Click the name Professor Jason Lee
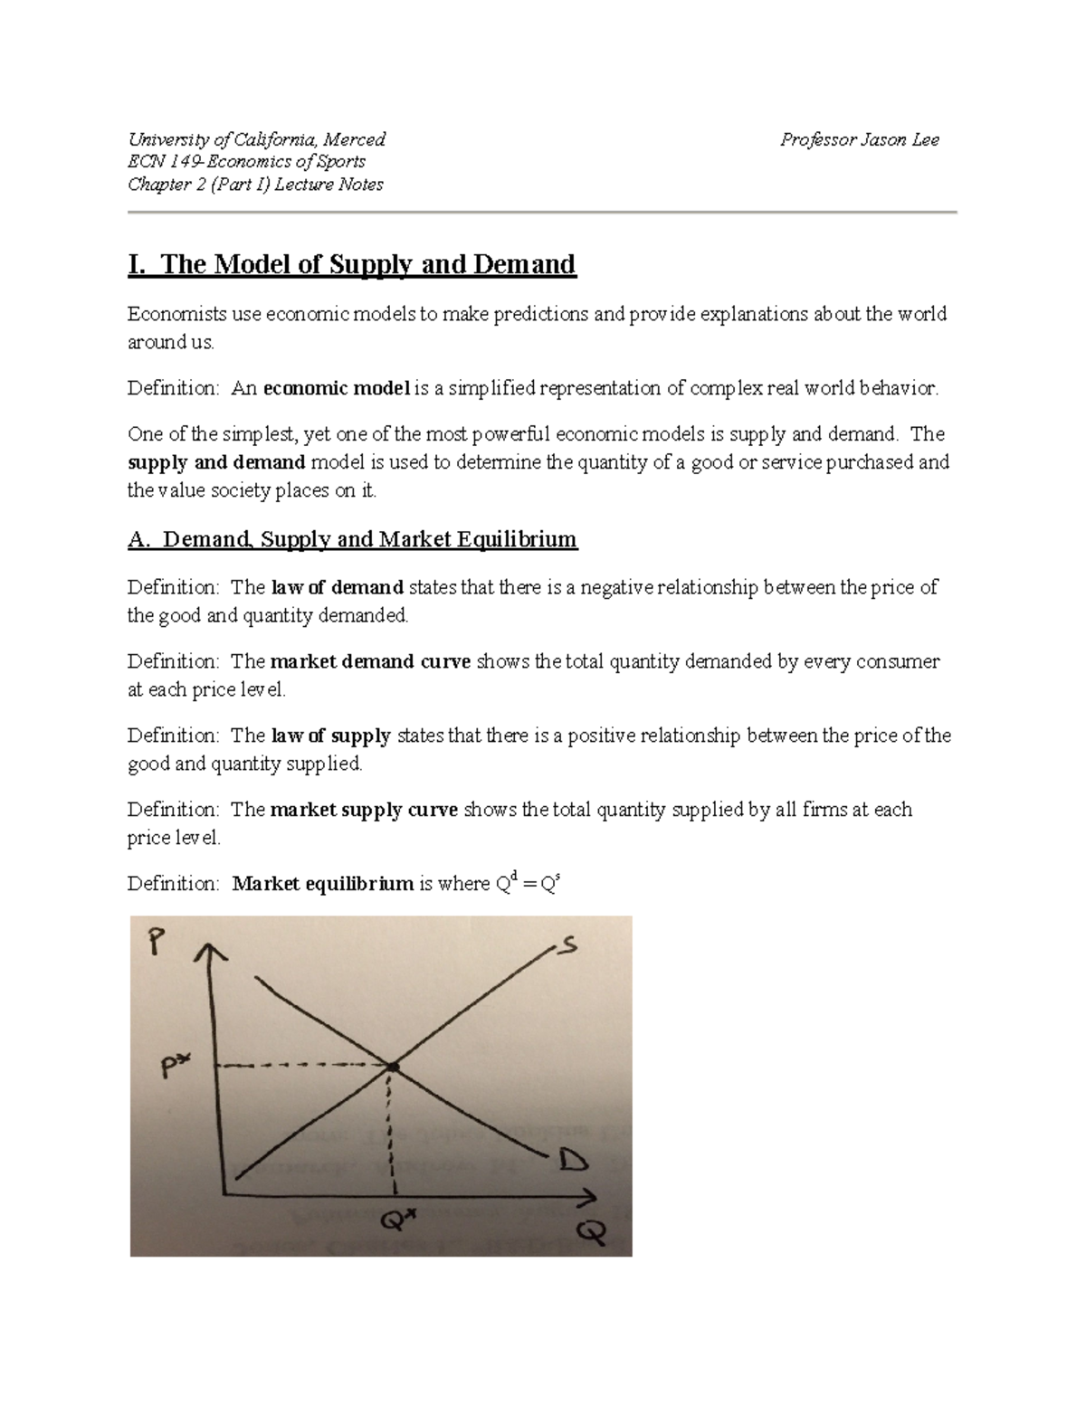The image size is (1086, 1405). pyautogui.click(x=860, y=140)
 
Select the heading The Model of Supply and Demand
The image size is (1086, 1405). pyautogui.click(x=352, y=264)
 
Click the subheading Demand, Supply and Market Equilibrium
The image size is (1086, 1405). pyautogui.click(x=353, y=540)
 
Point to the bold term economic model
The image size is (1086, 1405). pyautogui.click(x=337, y=389)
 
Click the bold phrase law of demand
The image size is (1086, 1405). pyautogui.click(x=337, y=587)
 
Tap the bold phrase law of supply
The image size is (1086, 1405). pyautogui.click(x=330, y=736)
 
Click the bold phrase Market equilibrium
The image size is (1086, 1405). pyautogui.click(x=322, y=884)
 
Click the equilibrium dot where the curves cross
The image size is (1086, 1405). pyautogui.click(x=393, y=1068)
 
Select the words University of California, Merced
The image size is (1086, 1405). pyautogui.click(x=256, y=140)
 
